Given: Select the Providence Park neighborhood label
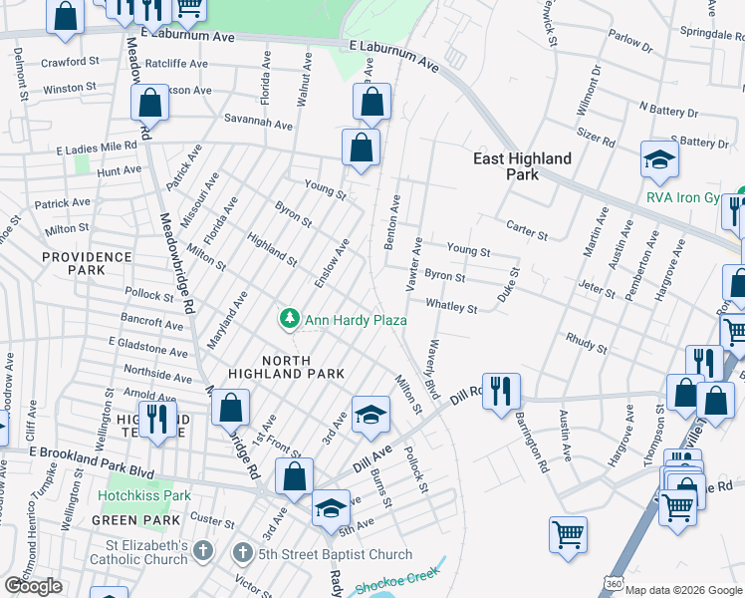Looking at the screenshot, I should coord(87,264).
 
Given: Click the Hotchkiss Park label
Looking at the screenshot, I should coord(144,495).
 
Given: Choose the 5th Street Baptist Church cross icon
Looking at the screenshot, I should coord(242,551).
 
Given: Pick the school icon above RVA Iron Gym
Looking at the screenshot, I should coord(658,159).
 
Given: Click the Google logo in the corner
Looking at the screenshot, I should coord(33,586).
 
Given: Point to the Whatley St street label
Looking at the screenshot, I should coord(451,306).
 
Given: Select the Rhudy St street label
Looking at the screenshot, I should coord(585,344).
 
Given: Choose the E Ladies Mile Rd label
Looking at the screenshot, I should coord(96,147).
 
